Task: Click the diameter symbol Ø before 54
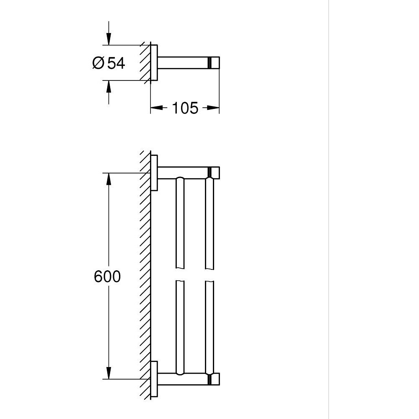click(98, 63)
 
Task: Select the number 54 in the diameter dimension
click(116, 63)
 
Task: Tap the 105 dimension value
click(185, 108)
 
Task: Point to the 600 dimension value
click(107, 277)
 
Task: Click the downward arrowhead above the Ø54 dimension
click(109, 40)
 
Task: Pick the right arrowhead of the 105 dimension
click(214, 108)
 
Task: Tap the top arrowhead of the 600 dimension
click(109, 178)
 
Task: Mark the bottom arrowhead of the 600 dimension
click(109, 373)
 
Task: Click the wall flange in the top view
click(154, 63)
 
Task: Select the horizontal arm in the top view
click(182, 63)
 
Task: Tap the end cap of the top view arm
click(215, 63)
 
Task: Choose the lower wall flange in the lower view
click(154, 379)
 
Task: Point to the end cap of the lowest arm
click(215, 379)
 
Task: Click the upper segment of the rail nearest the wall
click(180, 222)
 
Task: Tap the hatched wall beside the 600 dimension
click(145, 277)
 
